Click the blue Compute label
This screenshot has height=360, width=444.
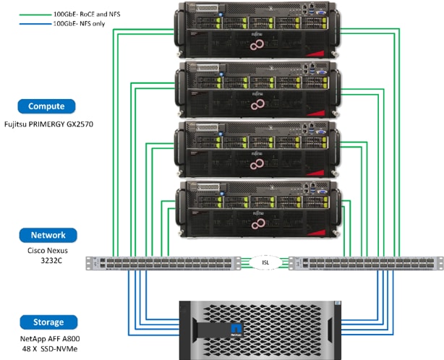(x=47, y=106)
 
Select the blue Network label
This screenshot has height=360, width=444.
(x=47, y=235)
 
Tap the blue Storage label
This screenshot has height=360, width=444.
(x=47, y=322)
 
